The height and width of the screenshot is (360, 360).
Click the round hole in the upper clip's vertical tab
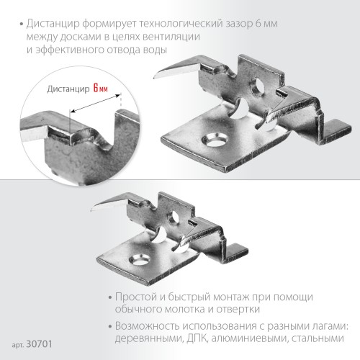[x=255, y=90]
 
